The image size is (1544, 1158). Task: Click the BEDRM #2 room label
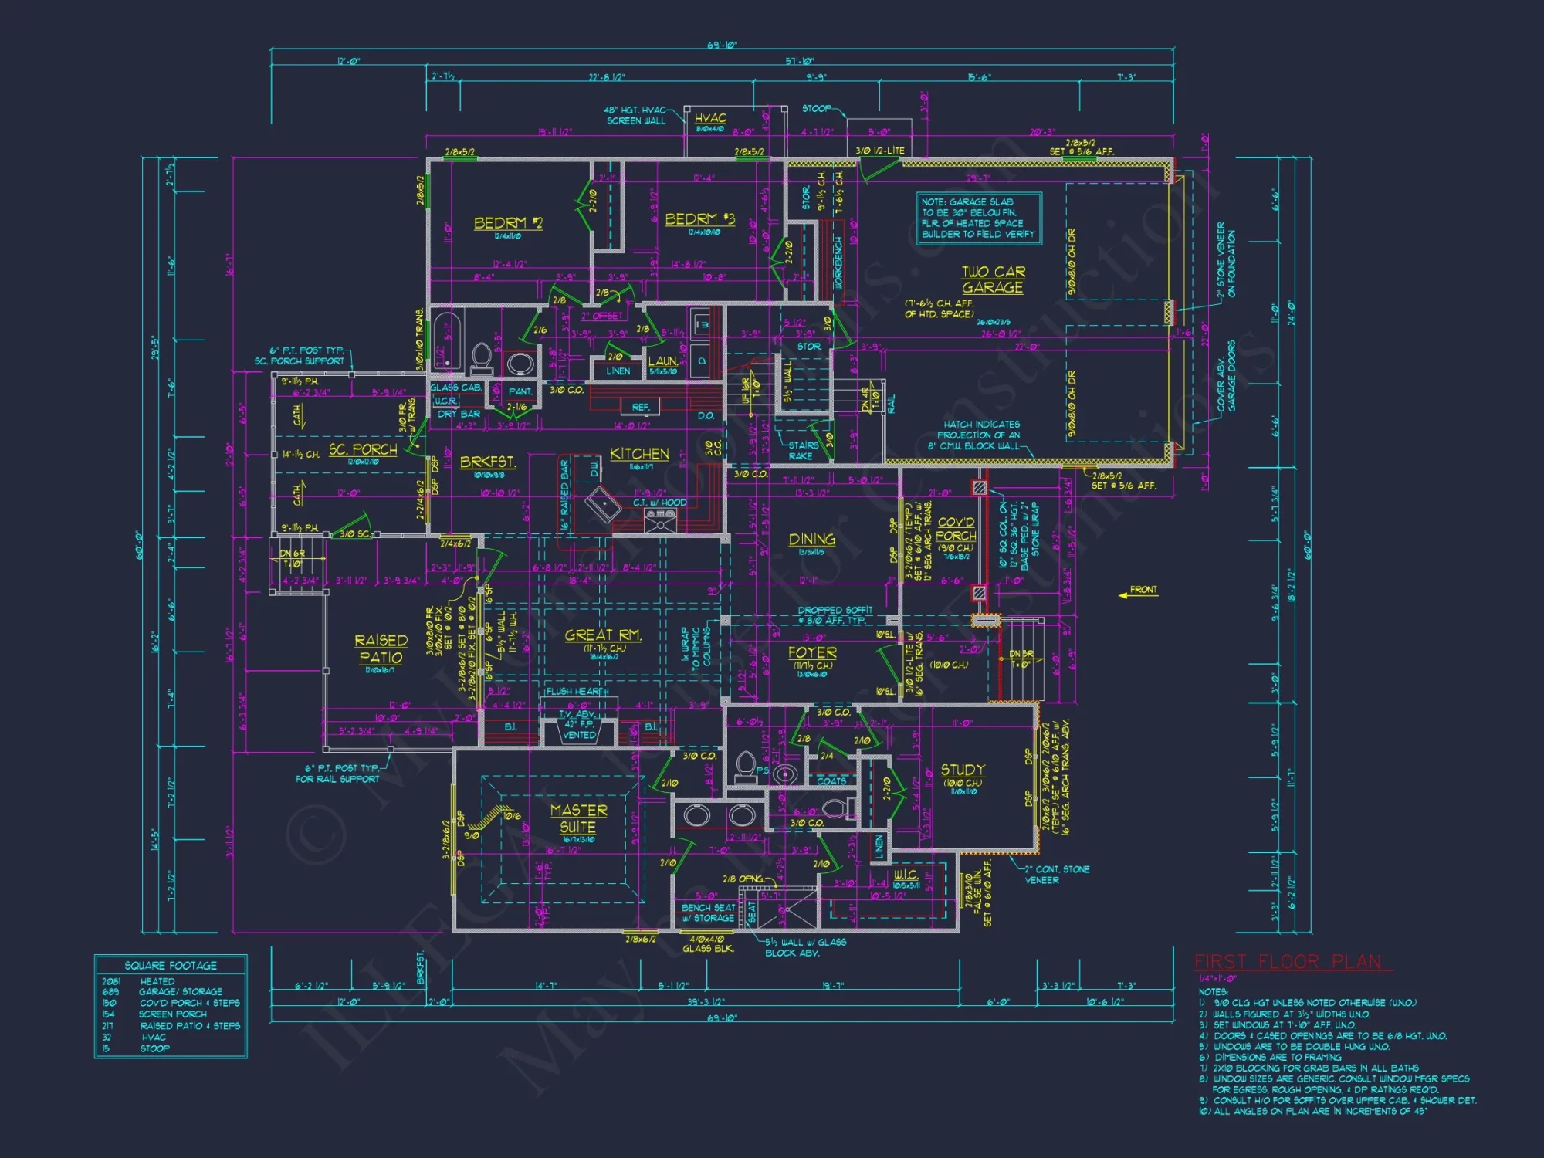508,223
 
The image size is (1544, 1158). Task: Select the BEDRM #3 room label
699,219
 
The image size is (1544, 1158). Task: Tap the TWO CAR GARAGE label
993,279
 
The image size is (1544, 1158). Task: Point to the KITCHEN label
639,454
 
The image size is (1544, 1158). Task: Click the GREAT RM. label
603,635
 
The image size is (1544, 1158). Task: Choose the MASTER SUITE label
578,818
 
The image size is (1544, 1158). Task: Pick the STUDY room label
963,770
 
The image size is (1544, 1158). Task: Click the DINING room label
811,540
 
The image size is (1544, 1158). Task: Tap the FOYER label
812,652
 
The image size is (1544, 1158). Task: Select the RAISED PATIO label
381,648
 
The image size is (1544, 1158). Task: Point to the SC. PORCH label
363,449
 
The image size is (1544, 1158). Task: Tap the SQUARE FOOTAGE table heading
171,966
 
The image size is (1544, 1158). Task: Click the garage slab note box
978,218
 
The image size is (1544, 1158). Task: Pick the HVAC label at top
709,118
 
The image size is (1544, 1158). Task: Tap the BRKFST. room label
488,462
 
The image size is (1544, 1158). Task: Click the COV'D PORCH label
956,529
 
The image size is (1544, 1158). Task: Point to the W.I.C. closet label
906,875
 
